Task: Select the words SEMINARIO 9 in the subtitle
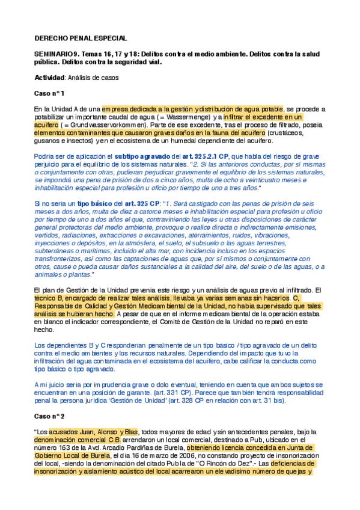point(55,54)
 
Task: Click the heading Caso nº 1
point(49,94)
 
